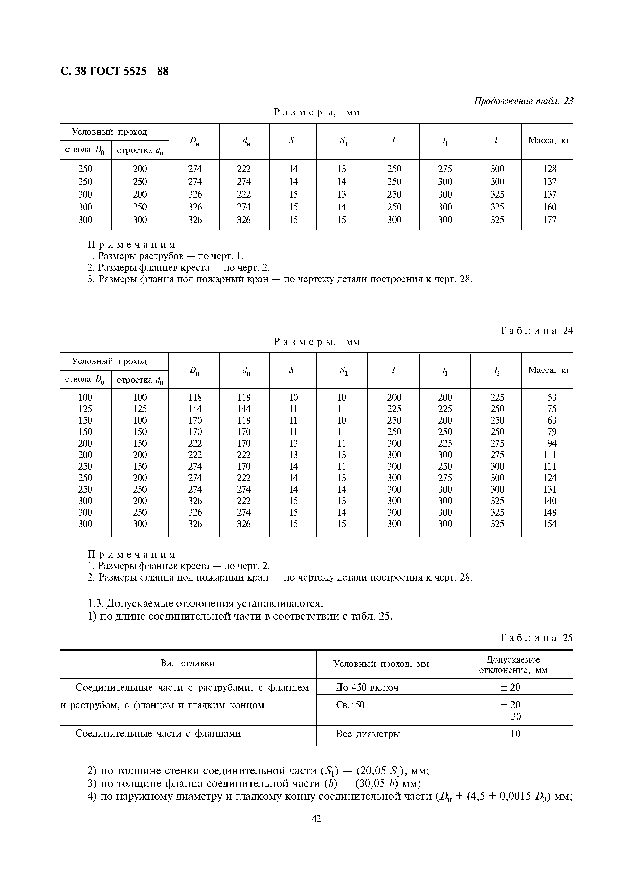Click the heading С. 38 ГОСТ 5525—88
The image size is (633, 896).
[115, 72]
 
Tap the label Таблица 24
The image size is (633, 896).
[536, 331]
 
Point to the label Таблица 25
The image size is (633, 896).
[536, 638]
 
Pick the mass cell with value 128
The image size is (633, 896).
[550, 169]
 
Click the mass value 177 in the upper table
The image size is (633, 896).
[550, 220]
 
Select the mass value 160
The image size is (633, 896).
[550, 207]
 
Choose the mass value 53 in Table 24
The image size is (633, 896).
[552, 398]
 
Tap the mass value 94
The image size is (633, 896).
[552, 443]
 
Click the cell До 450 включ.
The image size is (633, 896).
[368, 688]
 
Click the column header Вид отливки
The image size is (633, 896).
[188, 663]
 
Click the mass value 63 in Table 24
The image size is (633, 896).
[552, 420]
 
